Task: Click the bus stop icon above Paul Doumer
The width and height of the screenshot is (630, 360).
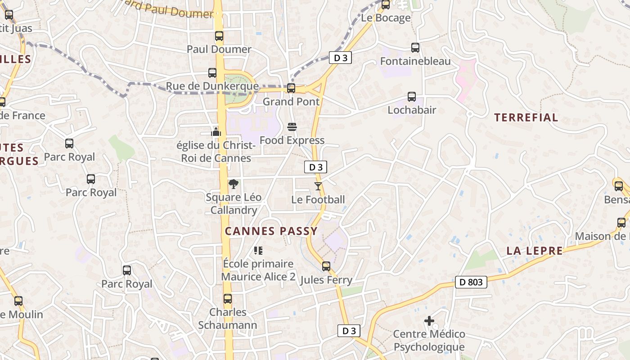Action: (x=219, y=36)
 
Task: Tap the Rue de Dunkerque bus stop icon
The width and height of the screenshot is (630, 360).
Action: (x=212, y=73)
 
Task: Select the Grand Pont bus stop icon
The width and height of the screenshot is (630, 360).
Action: (x=291, y=88)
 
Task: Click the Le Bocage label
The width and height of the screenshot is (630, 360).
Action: (x=386, y=18)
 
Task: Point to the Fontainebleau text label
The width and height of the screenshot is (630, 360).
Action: (x=415, y=61)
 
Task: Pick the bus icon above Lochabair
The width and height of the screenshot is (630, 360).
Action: (x=412, y=97)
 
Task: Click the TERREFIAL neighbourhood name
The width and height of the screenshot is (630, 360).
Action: (x=526, y=118)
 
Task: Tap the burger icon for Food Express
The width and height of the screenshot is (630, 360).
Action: (x=292, y=127)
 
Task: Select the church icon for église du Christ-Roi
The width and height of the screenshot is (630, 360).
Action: (x=216, y=132)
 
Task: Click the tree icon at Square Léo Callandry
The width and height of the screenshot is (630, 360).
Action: (x=233, y=184)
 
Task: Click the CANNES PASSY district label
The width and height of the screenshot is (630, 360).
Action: (x=271, y=231)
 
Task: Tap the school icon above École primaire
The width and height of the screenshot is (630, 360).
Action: (x=258, y=250)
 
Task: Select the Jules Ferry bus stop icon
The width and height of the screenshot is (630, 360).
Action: (x=326, y=266)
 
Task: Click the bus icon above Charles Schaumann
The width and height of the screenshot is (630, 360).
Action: (x=228, y=299)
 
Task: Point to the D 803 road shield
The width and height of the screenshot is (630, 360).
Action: (x=471, y=282)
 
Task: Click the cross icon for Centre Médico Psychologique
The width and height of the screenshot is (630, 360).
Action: (x=429, y=321)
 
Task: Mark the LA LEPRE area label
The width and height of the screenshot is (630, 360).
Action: (x=535, y=251)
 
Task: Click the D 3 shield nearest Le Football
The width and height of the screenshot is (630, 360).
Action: (x=315, y=167)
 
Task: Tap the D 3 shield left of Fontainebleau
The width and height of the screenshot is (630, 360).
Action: (x=340, y=58)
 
